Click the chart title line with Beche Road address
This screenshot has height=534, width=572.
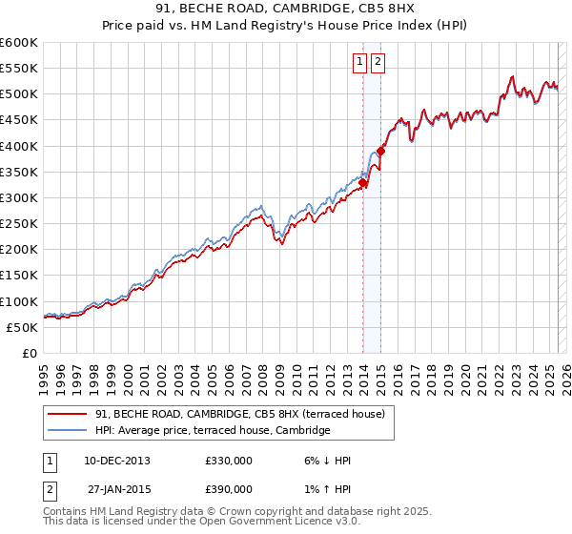(285, 10)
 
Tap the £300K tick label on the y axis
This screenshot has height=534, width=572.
(19, 198)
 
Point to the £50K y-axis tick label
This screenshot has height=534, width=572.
(22, 327)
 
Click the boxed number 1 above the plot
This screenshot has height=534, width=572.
(360, 63)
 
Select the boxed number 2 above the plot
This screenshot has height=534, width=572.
(378, 63)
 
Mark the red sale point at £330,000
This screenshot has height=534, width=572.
(363, 182)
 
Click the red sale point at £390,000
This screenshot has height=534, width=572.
(381, 151)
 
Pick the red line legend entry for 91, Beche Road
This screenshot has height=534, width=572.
(239, 414)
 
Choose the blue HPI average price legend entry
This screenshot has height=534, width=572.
(212, 431)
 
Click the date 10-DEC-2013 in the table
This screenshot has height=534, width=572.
(118, 461)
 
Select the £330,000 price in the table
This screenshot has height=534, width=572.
(228, 461)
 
